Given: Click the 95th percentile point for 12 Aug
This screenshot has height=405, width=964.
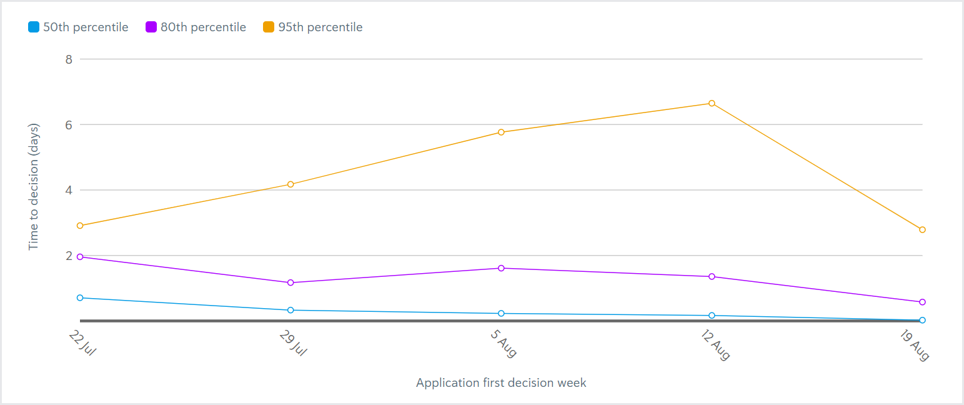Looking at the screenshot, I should (x=712, y=103).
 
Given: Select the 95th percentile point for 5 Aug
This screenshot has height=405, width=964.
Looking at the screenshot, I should (x=501, y=132).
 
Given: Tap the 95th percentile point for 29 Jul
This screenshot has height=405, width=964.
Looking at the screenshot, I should (x=291, y=184).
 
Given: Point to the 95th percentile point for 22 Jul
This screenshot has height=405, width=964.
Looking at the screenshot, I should (x=80, y=226).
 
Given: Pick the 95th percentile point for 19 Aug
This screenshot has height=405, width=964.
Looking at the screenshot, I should (x=922, y=229).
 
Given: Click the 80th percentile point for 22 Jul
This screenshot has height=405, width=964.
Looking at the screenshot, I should (x=80, y=257).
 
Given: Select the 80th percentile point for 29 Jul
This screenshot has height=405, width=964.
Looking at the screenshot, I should (x=291, y=282).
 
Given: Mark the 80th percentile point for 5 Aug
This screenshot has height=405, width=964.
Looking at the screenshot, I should (x=501, y=268).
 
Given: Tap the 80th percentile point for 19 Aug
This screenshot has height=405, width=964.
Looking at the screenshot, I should (x=922, y=302).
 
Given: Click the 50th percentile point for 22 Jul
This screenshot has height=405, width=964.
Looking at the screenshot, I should (x=80, y=297).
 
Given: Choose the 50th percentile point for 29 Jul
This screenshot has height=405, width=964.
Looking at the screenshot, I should (x=291, y=310).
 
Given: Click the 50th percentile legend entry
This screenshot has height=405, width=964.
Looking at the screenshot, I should (x=78, y=27).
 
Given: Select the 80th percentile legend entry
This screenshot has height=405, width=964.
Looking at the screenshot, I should (x=196, y=27).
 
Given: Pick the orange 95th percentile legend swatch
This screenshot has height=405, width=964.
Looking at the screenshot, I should (x=269, y=27).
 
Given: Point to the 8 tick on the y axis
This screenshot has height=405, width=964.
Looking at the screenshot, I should (x=69, y=59).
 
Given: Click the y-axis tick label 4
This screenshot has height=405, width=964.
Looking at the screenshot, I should (x=69, y=190).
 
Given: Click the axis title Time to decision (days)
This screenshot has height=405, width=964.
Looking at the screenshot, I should (x=34, y=187).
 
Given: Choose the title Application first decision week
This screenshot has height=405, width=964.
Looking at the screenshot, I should (x=501, y=382).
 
